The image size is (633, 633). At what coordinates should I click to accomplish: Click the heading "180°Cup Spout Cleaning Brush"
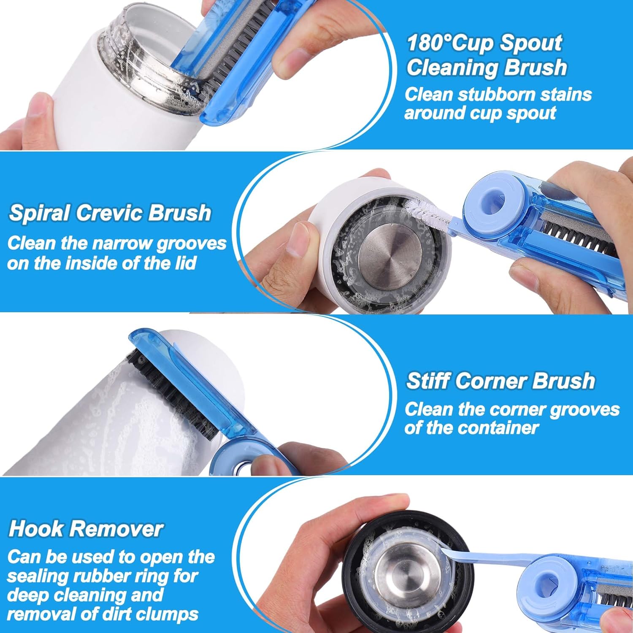[x=486, y=55]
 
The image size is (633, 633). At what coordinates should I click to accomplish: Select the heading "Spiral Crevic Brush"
[x=110, y=213]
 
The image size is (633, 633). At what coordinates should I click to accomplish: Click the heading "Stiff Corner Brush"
[x=500, y=381]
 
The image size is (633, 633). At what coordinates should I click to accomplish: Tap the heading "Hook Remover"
[x=86, y=529]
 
